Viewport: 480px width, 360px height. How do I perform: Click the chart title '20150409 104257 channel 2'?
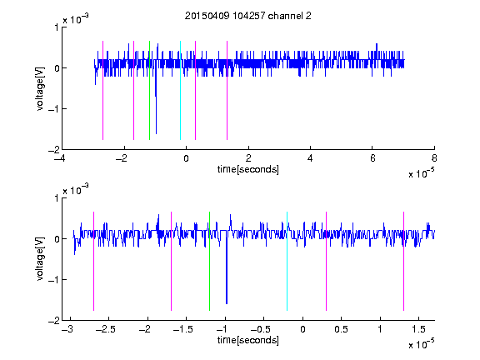(x=248, y=16)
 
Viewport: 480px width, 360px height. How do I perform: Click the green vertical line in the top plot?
(x=149, y=90)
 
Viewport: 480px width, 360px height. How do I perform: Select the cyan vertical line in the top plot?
(x=180, y=90)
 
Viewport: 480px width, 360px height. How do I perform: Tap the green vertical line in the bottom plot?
(x=209, y=261)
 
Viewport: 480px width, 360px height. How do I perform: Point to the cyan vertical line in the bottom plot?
(x=287, y=261)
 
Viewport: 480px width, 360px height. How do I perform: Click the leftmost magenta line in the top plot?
(x=102, y=90)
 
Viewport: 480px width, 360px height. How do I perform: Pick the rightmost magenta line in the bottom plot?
(x=403, y=261)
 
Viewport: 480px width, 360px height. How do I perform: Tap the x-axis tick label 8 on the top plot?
(x=434, y=158)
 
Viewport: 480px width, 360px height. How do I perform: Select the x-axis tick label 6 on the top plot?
(x=372, y=158)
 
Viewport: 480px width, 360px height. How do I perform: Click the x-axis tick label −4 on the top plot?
(x=60, y=158)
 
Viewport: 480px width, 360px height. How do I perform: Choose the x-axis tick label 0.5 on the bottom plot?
(x=341, y=329)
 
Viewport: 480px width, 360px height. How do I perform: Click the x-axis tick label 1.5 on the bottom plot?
(x=418, y=329)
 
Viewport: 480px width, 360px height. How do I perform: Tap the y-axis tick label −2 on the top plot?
(x=53, y=150)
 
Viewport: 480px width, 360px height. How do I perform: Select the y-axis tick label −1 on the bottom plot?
(x=53, y=279)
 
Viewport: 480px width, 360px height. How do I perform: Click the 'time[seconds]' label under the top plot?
(x=248, y=169)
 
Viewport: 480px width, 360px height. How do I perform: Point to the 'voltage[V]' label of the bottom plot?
(x=40, y=258)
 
